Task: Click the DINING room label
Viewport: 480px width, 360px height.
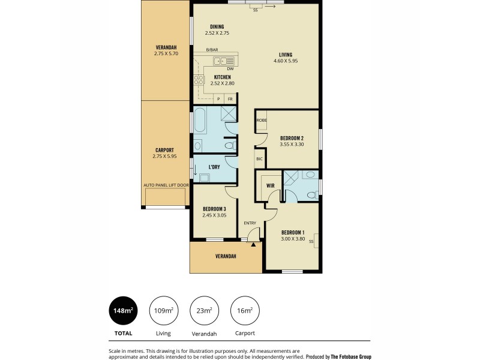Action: click(217, 26)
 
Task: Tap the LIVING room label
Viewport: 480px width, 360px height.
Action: click(286, 54)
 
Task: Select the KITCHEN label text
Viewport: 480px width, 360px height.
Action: click(222, 77)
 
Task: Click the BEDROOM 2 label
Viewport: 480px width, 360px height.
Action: click(293, 138)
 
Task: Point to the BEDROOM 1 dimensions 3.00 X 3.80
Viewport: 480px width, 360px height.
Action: click(293, 239)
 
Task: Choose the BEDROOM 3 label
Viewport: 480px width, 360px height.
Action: click(214, 209)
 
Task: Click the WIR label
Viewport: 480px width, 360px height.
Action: click(271, 186)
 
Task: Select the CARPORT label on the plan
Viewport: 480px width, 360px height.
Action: click(165, 150)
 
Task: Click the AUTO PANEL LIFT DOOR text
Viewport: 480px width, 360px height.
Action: click(166, 185)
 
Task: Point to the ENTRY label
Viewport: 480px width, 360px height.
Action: click(250, 223)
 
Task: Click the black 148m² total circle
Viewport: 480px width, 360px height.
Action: click(123, 310)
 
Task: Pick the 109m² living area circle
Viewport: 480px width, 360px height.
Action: click(163, 310)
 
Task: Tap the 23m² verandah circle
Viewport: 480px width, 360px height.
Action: click(204, 310)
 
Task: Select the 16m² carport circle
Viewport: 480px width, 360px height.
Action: click(245, 310)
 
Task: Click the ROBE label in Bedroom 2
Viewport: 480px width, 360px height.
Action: click(262, 120)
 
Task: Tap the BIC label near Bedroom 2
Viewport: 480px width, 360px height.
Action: click(260, 159)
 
